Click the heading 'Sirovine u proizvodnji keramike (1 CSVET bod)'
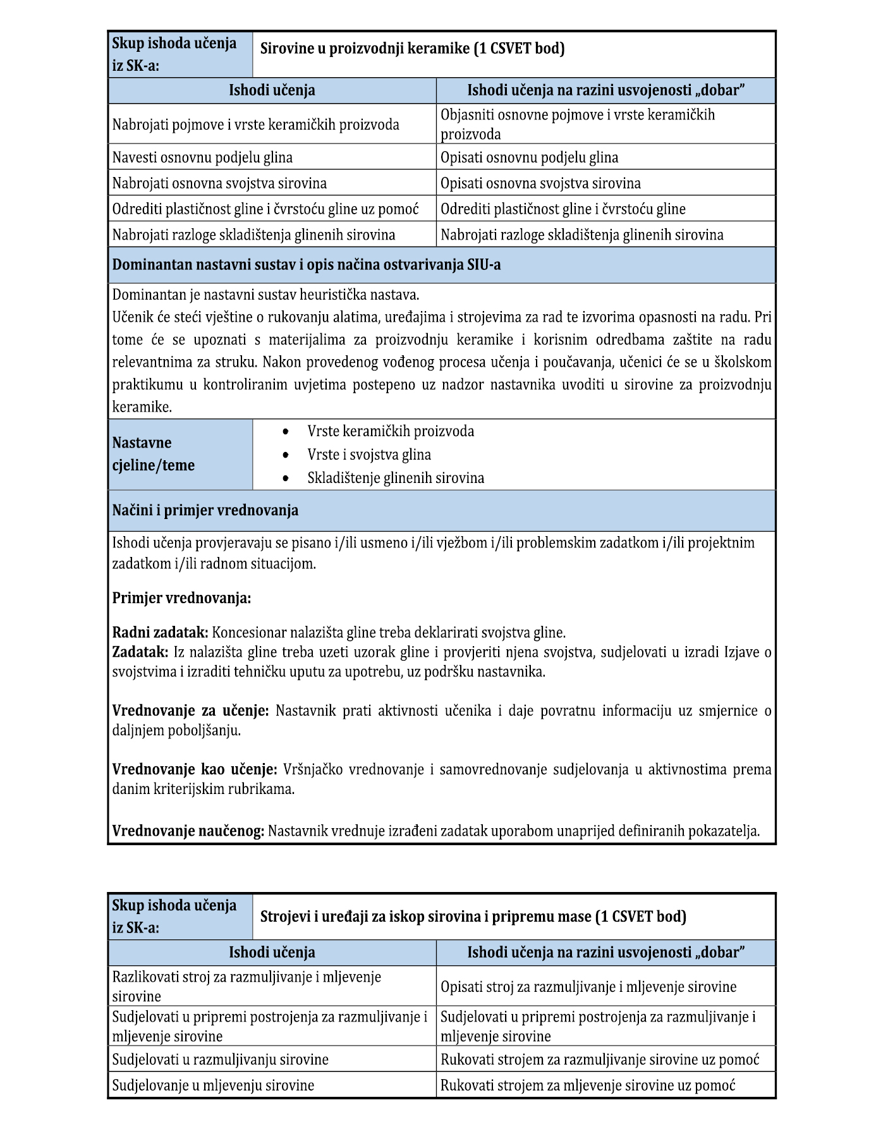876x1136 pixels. tap(412, 48)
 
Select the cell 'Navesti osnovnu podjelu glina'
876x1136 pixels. tap(202, 157)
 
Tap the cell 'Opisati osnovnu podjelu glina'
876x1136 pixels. tap(529, 157)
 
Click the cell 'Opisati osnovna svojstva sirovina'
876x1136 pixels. tap(540, 183)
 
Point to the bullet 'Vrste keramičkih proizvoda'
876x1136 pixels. tap(391, 431)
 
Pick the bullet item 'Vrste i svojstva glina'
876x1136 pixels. tap(369, 455)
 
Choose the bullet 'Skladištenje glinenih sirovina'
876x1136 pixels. tap(396, 478)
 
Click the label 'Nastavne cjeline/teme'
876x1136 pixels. tap(154, 454)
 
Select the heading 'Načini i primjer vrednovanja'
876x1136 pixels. tap(205, 510)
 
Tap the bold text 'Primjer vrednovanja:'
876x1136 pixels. tap(181, 597)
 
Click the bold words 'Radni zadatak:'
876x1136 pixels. tap(160, 632)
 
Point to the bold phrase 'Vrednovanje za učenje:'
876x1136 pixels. tap(190, 711)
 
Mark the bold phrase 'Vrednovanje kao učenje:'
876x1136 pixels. tap(195, 769)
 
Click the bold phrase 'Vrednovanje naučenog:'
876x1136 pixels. tap(188, 831)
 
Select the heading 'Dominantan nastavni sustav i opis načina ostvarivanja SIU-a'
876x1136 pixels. tap(307, 264)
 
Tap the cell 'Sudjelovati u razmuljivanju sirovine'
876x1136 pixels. tap(220, 1059)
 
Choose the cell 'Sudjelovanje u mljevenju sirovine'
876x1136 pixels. tap(213, 1085)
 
